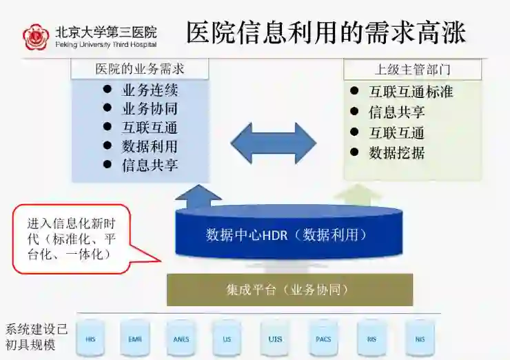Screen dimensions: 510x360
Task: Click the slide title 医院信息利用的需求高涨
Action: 326,32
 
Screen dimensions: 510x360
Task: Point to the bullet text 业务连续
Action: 150,90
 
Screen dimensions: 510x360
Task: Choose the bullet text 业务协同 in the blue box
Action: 150,108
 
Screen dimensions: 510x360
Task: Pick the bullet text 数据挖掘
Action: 396,152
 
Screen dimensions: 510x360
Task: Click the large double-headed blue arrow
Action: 273,143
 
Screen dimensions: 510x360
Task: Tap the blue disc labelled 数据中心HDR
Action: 285,234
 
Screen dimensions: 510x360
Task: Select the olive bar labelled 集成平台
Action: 289,290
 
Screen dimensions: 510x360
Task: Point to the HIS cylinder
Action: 91,339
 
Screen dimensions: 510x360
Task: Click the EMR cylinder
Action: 134,339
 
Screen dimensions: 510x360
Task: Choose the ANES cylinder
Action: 181,339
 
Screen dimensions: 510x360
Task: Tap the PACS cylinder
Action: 323,339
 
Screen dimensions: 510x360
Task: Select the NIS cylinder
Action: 420,339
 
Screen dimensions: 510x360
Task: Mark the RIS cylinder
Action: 371,339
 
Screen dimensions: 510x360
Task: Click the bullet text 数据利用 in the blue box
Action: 150,146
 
